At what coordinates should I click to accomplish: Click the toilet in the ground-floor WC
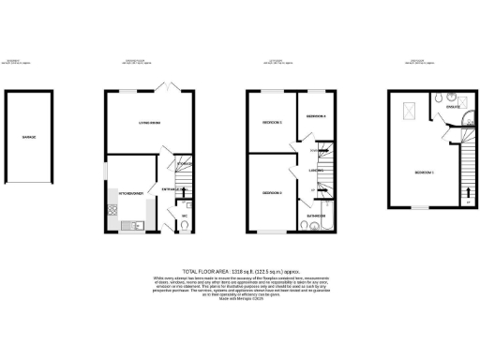[x=184, y=225]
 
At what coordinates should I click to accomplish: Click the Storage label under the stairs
[x=184, y=165]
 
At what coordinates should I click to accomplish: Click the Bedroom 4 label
[x=315, y=115]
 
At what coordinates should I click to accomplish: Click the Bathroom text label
[x=315, y=215]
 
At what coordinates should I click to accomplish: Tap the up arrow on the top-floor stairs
[x=468, y=196]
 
